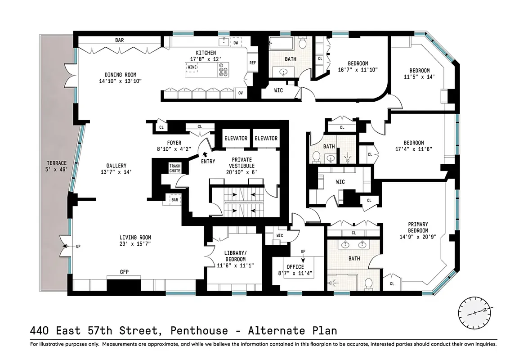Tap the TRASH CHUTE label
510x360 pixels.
click(x=174, y=168)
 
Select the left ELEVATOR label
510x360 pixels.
click(x=236, y=138)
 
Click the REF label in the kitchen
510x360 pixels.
click(x=252, y=63)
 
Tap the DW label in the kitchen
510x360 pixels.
click(x=236, y=43)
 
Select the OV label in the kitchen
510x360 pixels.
click(x=241, y=93)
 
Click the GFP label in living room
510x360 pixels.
click(x=124, y=272)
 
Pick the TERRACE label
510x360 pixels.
click(x=57, y=163)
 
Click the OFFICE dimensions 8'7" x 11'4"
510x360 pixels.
click(x=295, y=273)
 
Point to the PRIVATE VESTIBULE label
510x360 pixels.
click(x=242, y=162)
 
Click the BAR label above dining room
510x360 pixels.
click(x=119, y=40)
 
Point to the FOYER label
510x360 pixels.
click(x=174, y=143)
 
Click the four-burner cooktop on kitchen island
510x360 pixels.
click(x=223, y=70)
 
